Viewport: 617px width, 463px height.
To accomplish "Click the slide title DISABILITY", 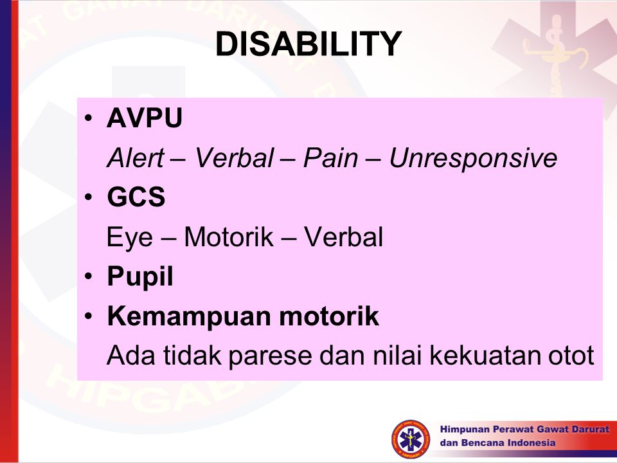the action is point(308,44).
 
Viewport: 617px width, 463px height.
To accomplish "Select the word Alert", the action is point(136,158).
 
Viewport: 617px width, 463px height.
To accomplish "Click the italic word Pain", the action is point(330,158).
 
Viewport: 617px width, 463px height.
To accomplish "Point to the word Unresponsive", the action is point(473,159).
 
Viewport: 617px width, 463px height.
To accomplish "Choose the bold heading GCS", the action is point(136,197).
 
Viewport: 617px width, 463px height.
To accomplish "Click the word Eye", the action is point(129,238).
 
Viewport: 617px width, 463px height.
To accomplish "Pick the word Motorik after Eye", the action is point(229,237).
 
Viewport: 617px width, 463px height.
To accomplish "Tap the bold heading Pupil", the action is point(139,277).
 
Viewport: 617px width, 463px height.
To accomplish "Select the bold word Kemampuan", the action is point(189,316).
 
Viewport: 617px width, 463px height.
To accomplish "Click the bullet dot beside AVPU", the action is point(89,118).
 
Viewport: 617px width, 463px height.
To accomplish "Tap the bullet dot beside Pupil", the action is point(89,276).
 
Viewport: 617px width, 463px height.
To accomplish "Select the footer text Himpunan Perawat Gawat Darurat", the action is point(524,429).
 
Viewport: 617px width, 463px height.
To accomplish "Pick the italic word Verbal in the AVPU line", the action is point(234,158).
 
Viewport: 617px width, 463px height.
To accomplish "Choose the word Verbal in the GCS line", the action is point(343,237).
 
